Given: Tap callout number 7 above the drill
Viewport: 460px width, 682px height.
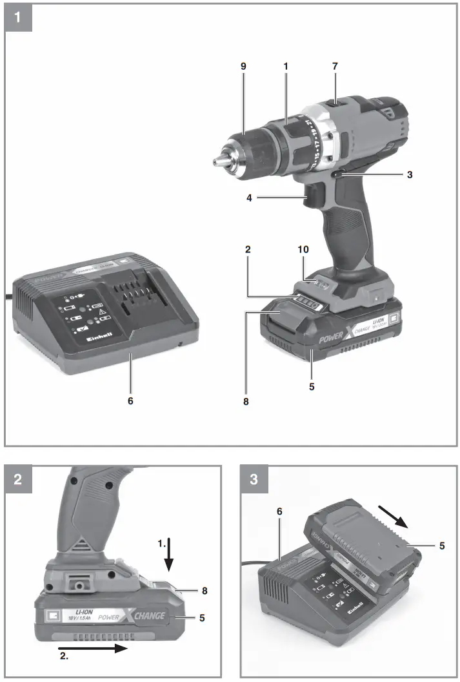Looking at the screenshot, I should click(x=335, y=67).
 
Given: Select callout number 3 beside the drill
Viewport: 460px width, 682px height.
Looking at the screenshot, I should click(x=410, y=174).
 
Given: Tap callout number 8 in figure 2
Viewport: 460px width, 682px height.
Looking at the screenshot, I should click(x=203, y=590).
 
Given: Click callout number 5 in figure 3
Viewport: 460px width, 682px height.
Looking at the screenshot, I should click(x=442, y=546).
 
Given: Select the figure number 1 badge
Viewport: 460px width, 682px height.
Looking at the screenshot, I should click(x=19, y=17).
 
